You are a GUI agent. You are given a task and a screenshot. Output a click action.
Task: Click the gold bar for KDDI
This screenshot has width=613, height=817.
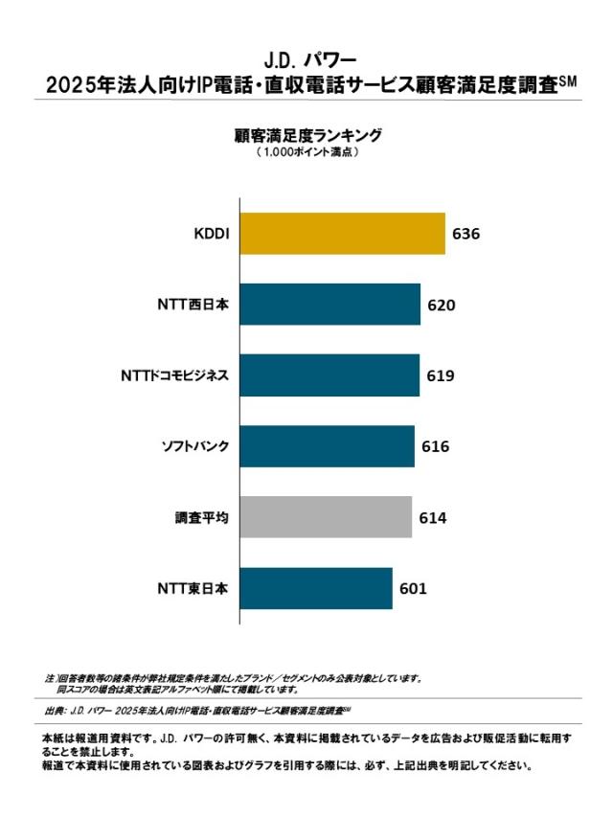point(342,234)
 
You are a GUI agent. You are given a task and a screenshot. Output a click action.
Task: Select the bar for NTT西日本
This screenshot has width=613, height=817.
point(329,305)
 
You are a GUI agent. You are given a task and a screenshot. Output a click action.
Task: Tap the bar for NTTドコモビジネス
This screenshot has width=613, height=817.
point(329,375)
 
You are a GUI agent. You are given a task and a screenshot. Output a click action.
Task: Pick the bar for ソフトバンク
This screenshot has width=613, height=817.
point(327,446)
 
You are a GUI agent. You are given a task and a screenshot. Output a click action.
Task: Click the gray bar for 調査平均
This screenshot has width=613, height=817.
point(326,517)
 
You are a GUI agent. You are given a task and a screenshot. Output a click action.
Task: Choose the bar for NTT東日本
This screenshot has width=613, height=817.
point(316,588)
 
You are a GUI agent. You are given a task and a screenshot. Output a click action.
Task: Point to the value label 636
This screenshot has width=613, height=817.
point(465,235)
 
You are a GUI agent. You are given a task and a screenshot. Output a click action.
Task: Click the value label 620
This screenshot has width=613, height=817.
point(441,306)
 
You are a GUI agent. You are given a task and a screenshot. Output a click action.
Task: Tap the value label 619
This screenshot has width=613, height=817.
point(440,376)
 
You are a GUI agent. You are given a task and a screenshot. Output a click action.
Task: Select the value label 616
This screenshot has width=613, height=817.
point(435,447)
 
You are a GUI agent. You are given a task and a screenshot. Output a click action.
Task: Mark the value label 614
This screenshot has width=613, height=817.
point(433,518)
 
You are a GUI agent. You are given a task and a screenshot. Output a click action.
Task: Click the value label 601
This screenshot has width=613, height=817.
point(413,589)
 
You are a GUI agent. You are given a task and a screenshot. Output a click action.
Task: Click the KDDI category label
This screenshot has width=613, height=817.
point(211,235)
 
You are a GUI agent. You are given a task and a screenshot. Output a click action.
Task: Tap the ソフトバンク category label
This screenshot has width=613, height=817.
point(194,447)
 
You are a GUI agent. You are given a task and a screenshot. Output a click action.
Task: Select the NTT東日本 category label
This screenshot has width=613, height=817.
point(193,589)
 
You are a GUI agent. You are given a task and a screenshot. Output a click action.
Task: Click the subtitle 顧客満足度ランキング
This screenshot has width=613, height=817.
point(306,135)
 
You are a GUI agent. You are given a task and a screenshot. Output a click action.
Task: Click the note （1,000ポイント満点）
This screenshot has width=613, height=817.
point(306,152)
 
